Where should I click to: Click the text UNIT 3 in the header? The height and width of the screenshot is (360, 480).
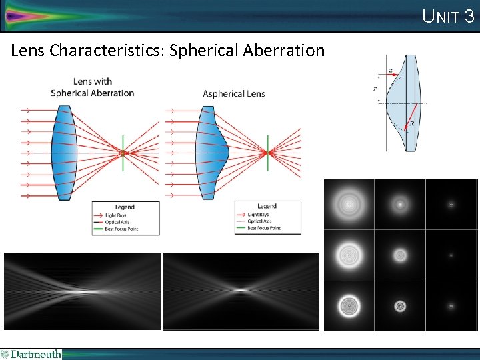[448, 16]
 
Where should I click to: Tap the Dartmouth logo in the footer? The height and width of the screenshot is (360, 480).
[31, 354]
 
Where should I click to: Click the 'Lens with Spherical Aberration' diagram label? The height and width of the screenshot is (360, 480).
[92, 87]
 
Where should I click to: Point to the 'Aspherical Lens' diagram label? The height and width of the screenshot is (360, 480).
[233, 93]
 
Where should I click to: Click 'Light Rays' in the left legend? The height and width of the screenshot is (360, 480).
[118, 215]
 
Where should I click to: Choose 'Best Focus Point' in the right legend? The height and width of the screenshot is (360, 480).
[263, 228]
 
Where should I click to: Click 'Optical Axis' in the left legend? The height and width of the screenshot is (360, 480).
[118, 222]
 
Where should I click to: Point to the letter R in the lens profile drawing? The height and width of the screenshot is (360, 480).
[413, 123]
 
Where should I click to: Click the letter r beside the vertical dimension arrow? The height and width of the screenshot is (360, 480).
[375, 88]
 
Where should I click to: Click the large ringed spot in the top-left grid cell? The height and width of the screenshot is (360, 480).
[349, 203]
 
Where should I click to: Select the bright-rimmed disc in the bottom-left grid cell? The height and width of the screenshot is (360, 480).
[349, 305]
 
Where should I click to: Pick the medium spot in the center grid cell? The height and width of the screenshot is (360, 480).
[400, 255]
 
